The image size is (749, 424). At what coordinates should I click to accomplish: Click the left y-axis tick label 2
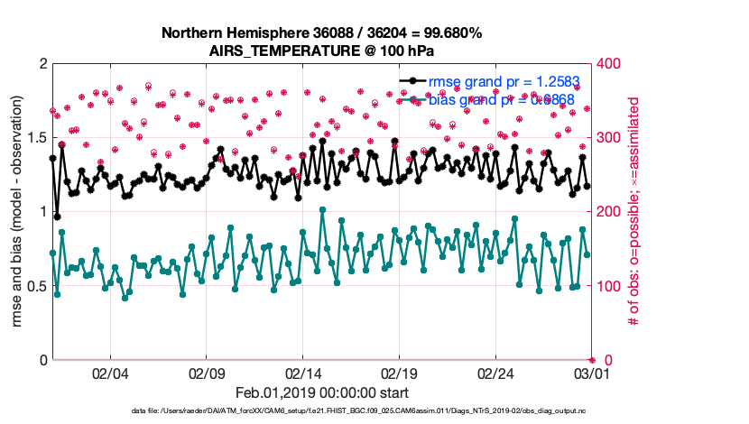point(43,64)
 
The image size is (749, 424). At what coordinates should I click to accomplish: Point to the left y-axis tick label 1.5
point(37,138)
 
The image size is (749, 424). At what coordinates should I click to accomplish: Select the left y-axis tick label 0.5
point(37,286)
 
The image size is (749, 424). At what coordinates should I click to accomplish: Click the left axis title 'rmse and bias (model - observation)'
point(18,212)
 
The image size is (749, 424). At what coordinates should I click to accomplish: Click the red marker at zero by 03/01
point(592,360)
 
